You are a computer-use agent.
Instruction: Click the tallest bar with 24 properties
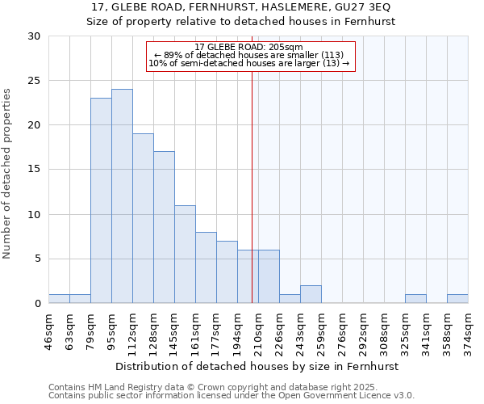[x=122, y=196]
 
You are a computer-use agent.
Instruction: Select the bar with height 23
[x=101, y=200]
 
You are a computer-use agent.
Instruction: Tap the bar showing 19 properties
[x=143, y=218]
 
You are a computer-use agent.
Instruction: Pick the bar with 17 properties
[x=164, y=227]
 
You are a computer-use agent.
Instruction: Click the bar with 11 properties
[x=185, y=254]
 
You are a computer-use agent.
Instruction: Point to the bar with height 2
[x=311, y=294]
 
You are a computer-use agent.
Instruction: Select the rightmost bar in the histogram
[x=457, y=299]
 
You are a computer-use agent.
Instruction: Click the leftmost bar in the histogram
[x=59, y=299]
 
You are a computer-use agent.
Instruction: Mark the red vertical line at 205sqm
[x=252, y=186]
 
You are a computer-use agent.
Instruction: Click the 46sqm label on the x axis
[x=48, y=329]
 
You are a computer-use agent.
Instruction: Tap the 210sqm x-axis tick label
[x=258, y=330]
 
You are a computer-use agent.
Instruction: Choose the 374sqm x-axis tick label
[x=468, y=330]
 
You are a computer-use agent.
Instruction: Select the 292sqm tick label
[x=363, y=330]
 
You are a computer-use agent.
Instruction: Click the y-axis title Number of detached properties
[x=7, y=174]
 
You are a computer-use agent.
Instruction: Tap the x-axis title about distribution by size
[x=258, y=366]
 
